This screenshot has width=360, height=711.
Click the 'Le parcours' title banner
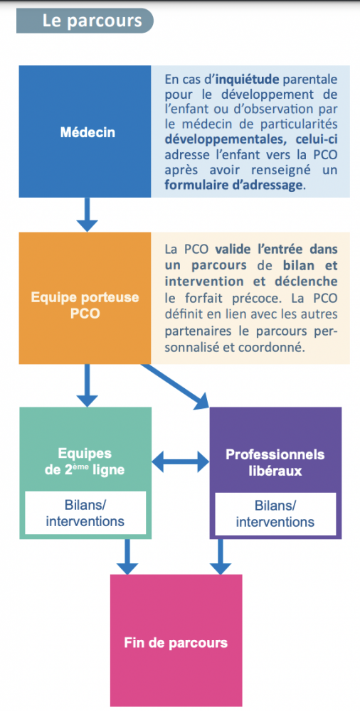[85, 21]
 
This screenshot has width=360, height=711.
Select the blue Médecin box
[85, 132]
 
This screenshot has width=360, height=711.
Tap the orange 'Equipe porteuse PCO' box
[85, 299]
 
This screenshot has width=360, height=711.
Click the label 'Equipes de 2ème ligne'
[85, 462]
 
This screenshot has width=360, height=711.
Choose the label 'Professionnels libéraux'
[275, 462]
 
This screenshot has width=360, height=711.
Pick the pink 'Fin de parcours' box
[176, 643]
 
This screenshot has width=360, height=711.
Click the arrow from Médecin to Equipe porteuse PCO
[87, 215]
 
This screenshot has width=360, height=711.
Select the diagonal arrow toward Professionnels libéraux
[176, 385]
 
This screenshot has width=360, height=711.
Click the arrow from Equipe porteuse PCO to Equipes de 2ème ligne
[87, 385]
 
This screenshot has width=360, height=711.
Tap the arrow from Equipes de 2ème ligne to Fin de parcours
[127, 557]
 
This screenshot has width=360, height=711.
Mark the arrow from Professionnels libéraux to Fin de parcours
[221, 557]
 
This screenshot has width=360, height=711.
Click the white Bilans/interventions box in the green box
[85, 513]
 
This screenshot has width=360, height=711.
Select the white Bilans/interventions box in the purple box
[275, 513]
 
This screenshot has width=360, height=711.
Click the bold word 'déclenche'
[307, 281]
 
